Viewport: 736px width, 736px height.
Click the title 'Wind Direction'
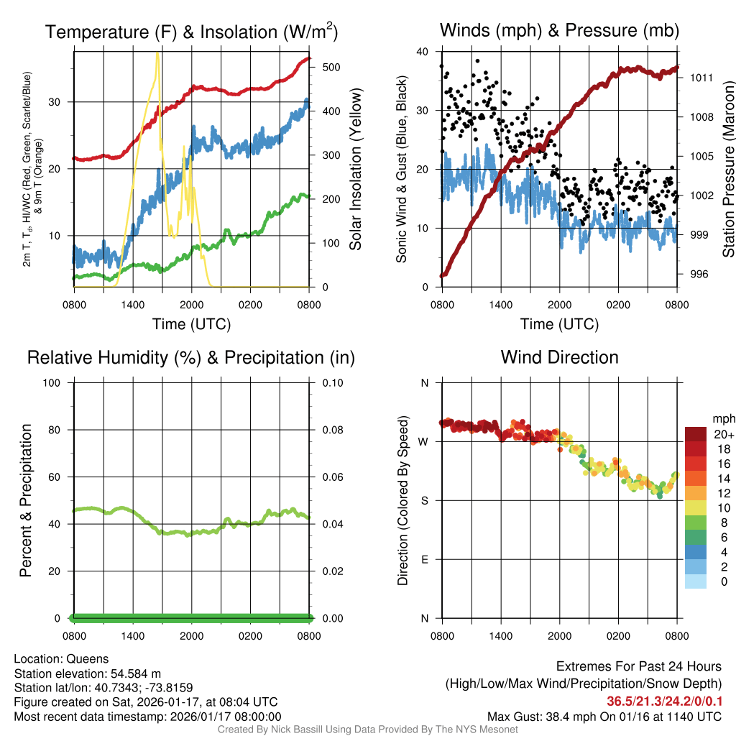[x=559, y=357]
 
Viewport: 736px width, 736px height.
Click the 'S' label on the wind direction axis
[x=424, y=500]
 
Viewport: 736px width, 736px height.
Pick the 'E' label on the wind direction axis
[x=424, y=559]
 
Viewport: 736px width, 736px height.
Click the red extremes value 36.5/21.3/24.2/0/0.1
[x=662, y=701]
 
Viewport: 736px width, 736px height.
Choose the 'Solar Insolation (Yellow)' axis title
[x=356, y=169]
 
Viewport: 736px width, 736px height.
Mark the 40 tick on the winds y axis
[x=423, y=52]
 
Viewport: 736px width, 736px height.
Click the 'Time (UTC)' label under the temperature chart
[x=191, y=324]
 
